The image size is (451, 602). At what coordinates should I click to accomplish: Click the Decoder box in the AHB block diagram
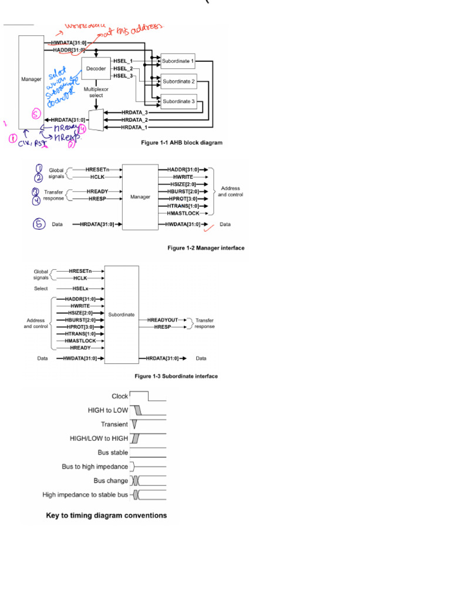click(x=96, y=69)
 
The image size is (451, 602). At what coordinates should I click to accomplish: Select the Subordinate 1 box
click(x=178, y=62)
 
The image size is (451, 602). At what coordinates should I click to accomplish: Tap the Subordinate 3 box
click(x=178, y=101)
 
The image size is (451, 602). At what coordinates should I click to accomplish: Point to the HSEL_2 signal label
click(x=123, y=69)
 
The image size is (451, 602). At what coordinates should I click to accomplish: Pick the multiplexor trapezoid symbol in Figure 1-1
click(x=97, y=119)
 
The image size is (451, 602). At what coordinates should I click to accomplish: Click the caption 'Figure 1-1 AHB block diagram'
click(x=181, y=143)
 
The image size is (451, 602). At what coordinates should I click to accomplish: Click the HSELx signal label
click(x=81, y=289)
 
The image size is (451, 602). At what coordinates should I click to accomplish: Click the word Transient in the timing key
click(x=114, y=424)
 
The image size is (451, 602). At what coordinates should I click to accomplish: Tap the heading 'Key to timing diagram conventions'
click(x=106, y=516)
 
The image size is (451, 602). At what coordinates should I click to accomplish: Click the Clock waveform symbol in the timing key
click(x=147, y=396)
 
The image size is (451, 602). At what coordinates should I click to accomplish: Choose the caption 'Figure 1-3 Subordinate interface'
click(x=176, y=376)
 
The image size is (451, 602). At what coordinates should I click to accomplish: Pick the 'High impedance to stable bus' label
click(x=85, y=495)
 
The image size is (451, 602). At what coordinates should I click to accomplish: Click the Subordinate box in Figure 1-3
click(x=122, y=314)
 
